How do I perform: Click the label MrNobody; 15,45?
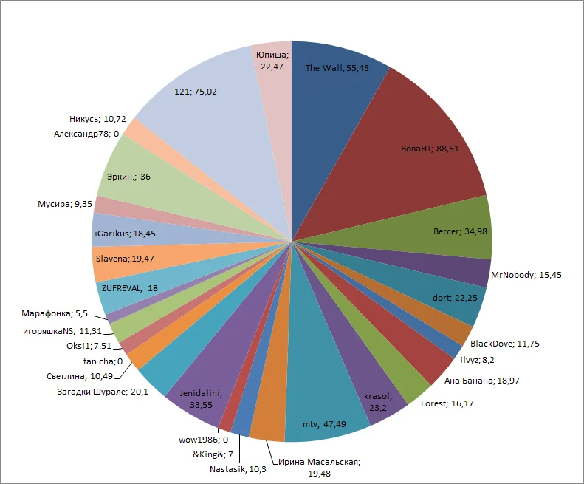coord(526,275)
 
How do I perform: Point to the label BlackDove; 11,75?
coord(506,344)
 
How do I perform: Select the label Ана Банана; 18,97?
coord(478,381)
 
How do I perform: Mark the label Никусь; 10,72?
coord(91,118)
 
